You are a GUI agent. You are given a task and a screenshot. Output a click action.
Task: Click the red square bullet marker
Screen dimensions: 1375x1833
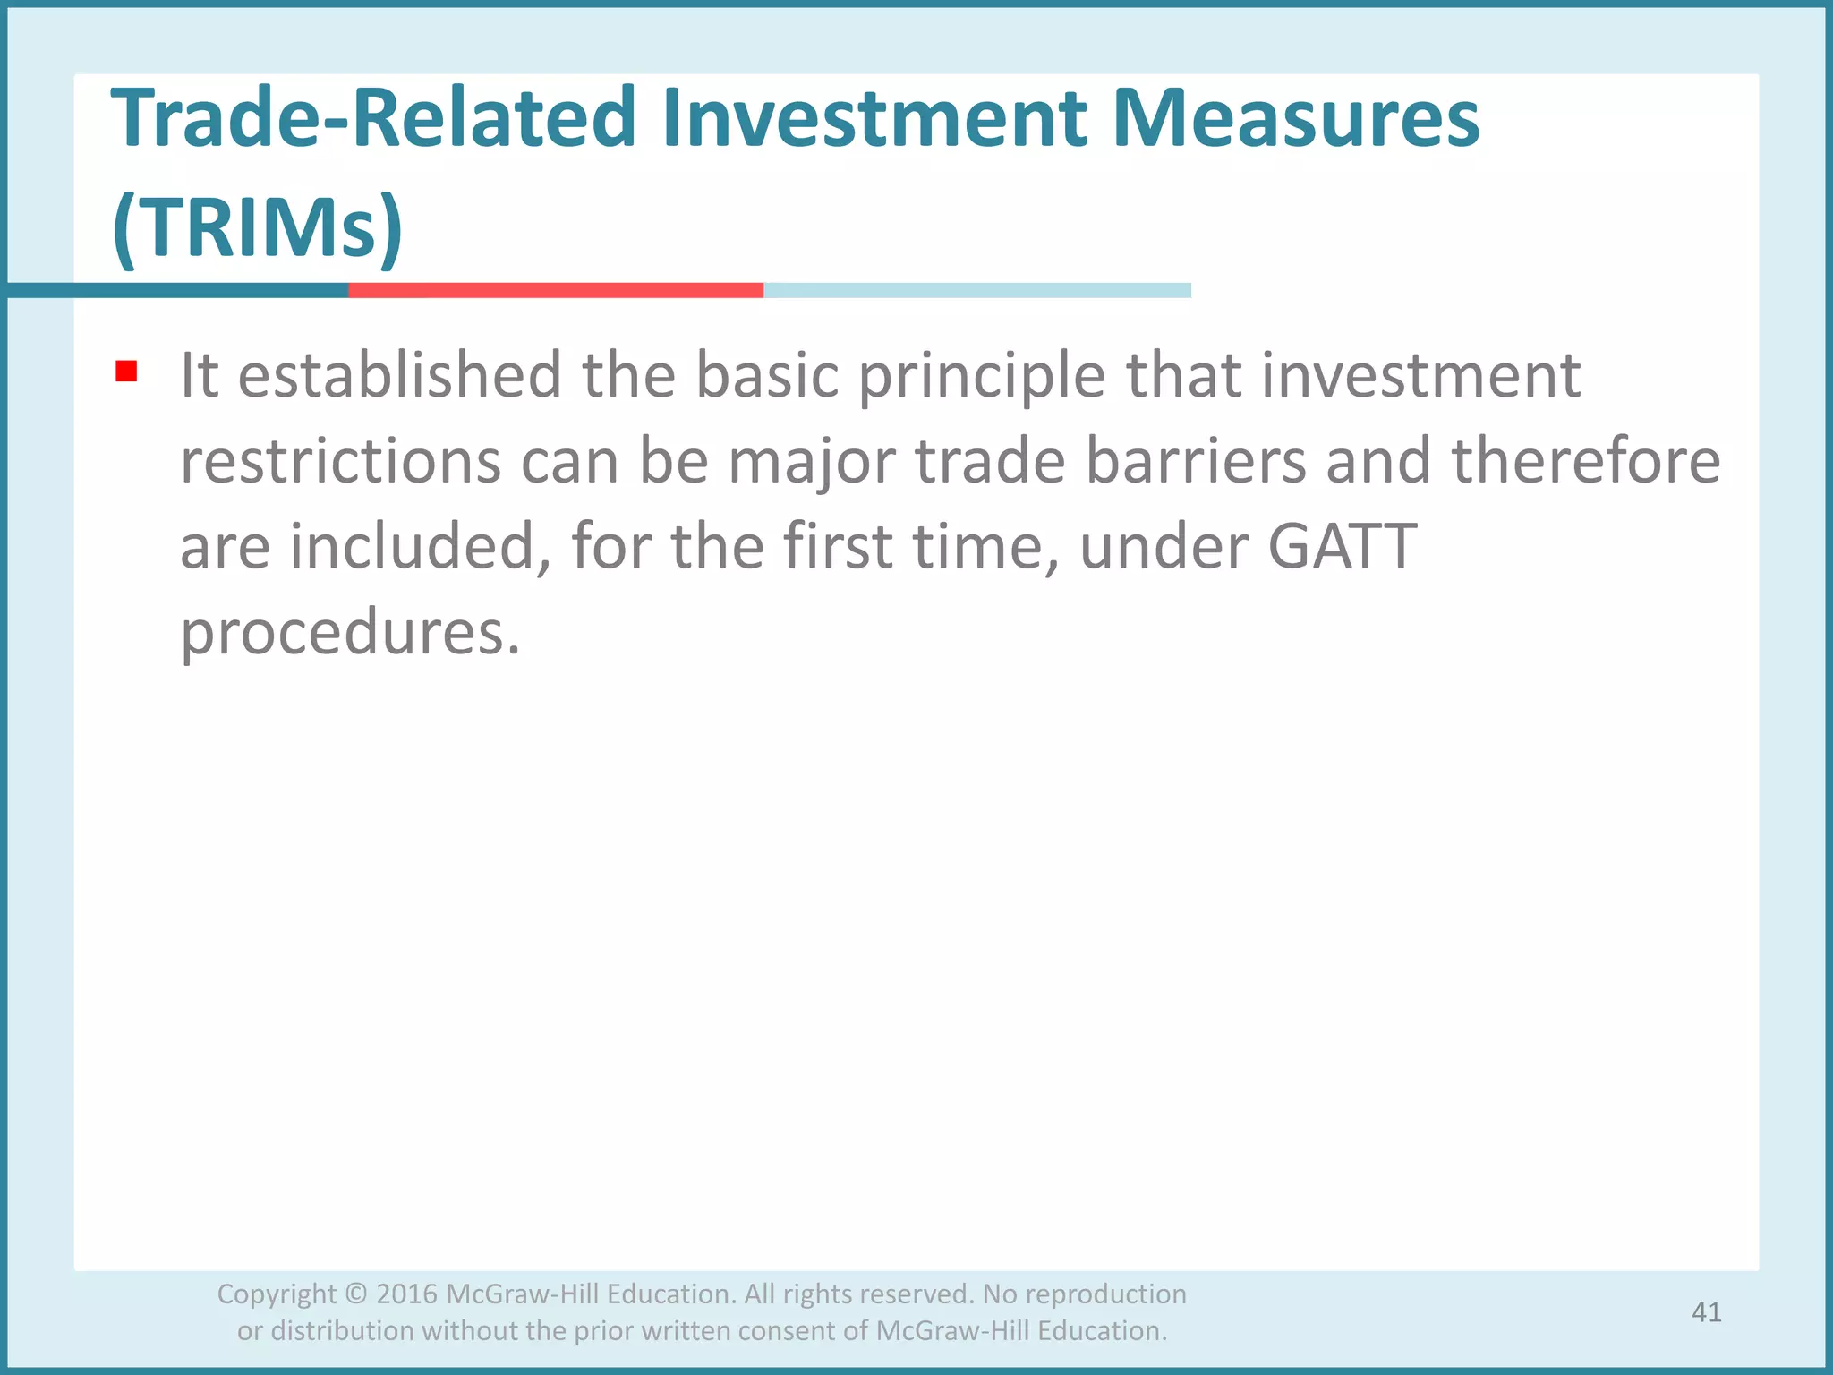126,372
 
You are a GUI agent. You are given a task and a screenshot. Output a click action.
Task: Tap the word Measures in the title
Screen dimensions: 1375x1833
1296,119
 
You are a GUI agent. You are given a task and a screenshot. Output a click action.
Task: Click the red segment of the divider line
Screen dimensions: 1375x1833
555,290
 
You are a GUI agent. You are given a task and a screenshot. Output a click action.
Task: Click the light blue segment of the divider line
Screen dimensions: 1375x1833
976,290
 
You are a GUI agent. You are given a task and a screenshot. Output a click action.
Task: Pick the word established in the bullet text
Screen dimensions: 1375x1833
399,375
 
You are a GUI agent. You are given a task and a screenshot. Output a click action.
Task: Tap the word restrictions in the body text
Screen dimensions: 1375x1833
341,461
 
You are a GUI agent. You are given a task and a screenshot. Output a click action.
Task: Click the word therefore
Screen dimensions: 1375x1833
1585,461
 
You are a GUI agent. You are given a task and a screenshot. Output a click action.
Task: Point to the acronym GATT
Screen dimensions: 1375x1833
1342,546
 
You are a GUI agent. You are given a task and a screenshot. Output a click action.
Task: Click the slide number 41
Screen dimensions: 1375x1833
1706,1312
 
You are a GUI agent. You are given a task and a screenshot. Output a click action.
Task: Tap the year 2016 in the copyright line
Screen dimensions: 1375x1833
406,1294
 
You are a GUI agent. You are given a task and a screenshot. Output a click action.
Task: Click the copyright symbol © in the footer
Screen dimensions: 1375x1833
355,1294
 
